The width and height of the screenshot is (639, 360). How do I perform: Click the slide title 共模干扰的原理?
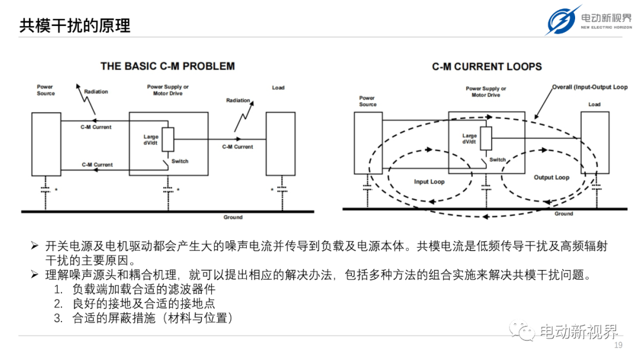[75, 25]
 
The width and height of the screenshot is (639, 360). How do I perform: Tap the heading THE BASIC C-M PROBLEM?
[167, 66]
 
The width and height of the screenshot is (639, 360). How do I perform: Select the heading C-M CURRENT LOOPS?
[487, 66]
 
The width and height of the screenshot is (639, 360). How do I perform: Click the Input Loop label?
[429, 182]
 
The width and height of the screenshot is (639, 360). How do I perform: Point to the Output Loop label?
[551, 178]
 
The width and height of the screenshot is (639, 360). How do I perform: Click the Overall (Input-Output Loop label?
[590, 87]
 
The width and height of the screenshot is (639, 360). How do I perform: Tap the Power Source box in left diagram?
[46, 144]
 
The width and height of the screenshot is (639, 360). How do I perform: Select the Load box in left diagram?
[280, 144]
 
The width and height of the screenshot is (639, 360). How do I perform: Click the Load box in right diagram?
[595, 143]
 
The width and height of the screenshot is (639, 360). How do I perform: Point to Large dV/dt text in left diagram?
[151, 140]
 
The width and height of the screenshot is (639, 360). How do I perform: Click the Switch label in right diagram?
[497, 159]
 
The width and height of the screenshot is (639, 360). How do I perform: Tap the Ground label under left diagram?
[233, 217]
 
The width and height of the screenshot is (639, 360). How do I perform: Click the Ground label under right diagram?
[564, 214]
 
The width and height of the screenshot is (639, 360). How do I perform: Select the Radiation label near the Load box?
[238, 100]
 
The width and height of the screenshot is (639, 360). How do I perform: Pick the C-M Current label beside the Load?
[238, 147]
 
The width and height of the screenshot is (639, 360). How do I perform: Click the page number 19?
[618, 345]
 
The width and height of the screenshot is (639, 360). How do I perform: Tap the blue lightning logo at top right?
[563, 20]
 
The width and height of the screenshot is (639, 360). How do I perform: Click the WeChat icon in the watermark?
[522, 330]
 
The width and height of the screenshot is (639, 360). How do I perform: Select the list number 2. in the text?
[58, 304]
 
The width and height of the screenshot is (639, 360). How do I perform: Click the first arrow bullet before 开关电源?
[35, 246]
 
